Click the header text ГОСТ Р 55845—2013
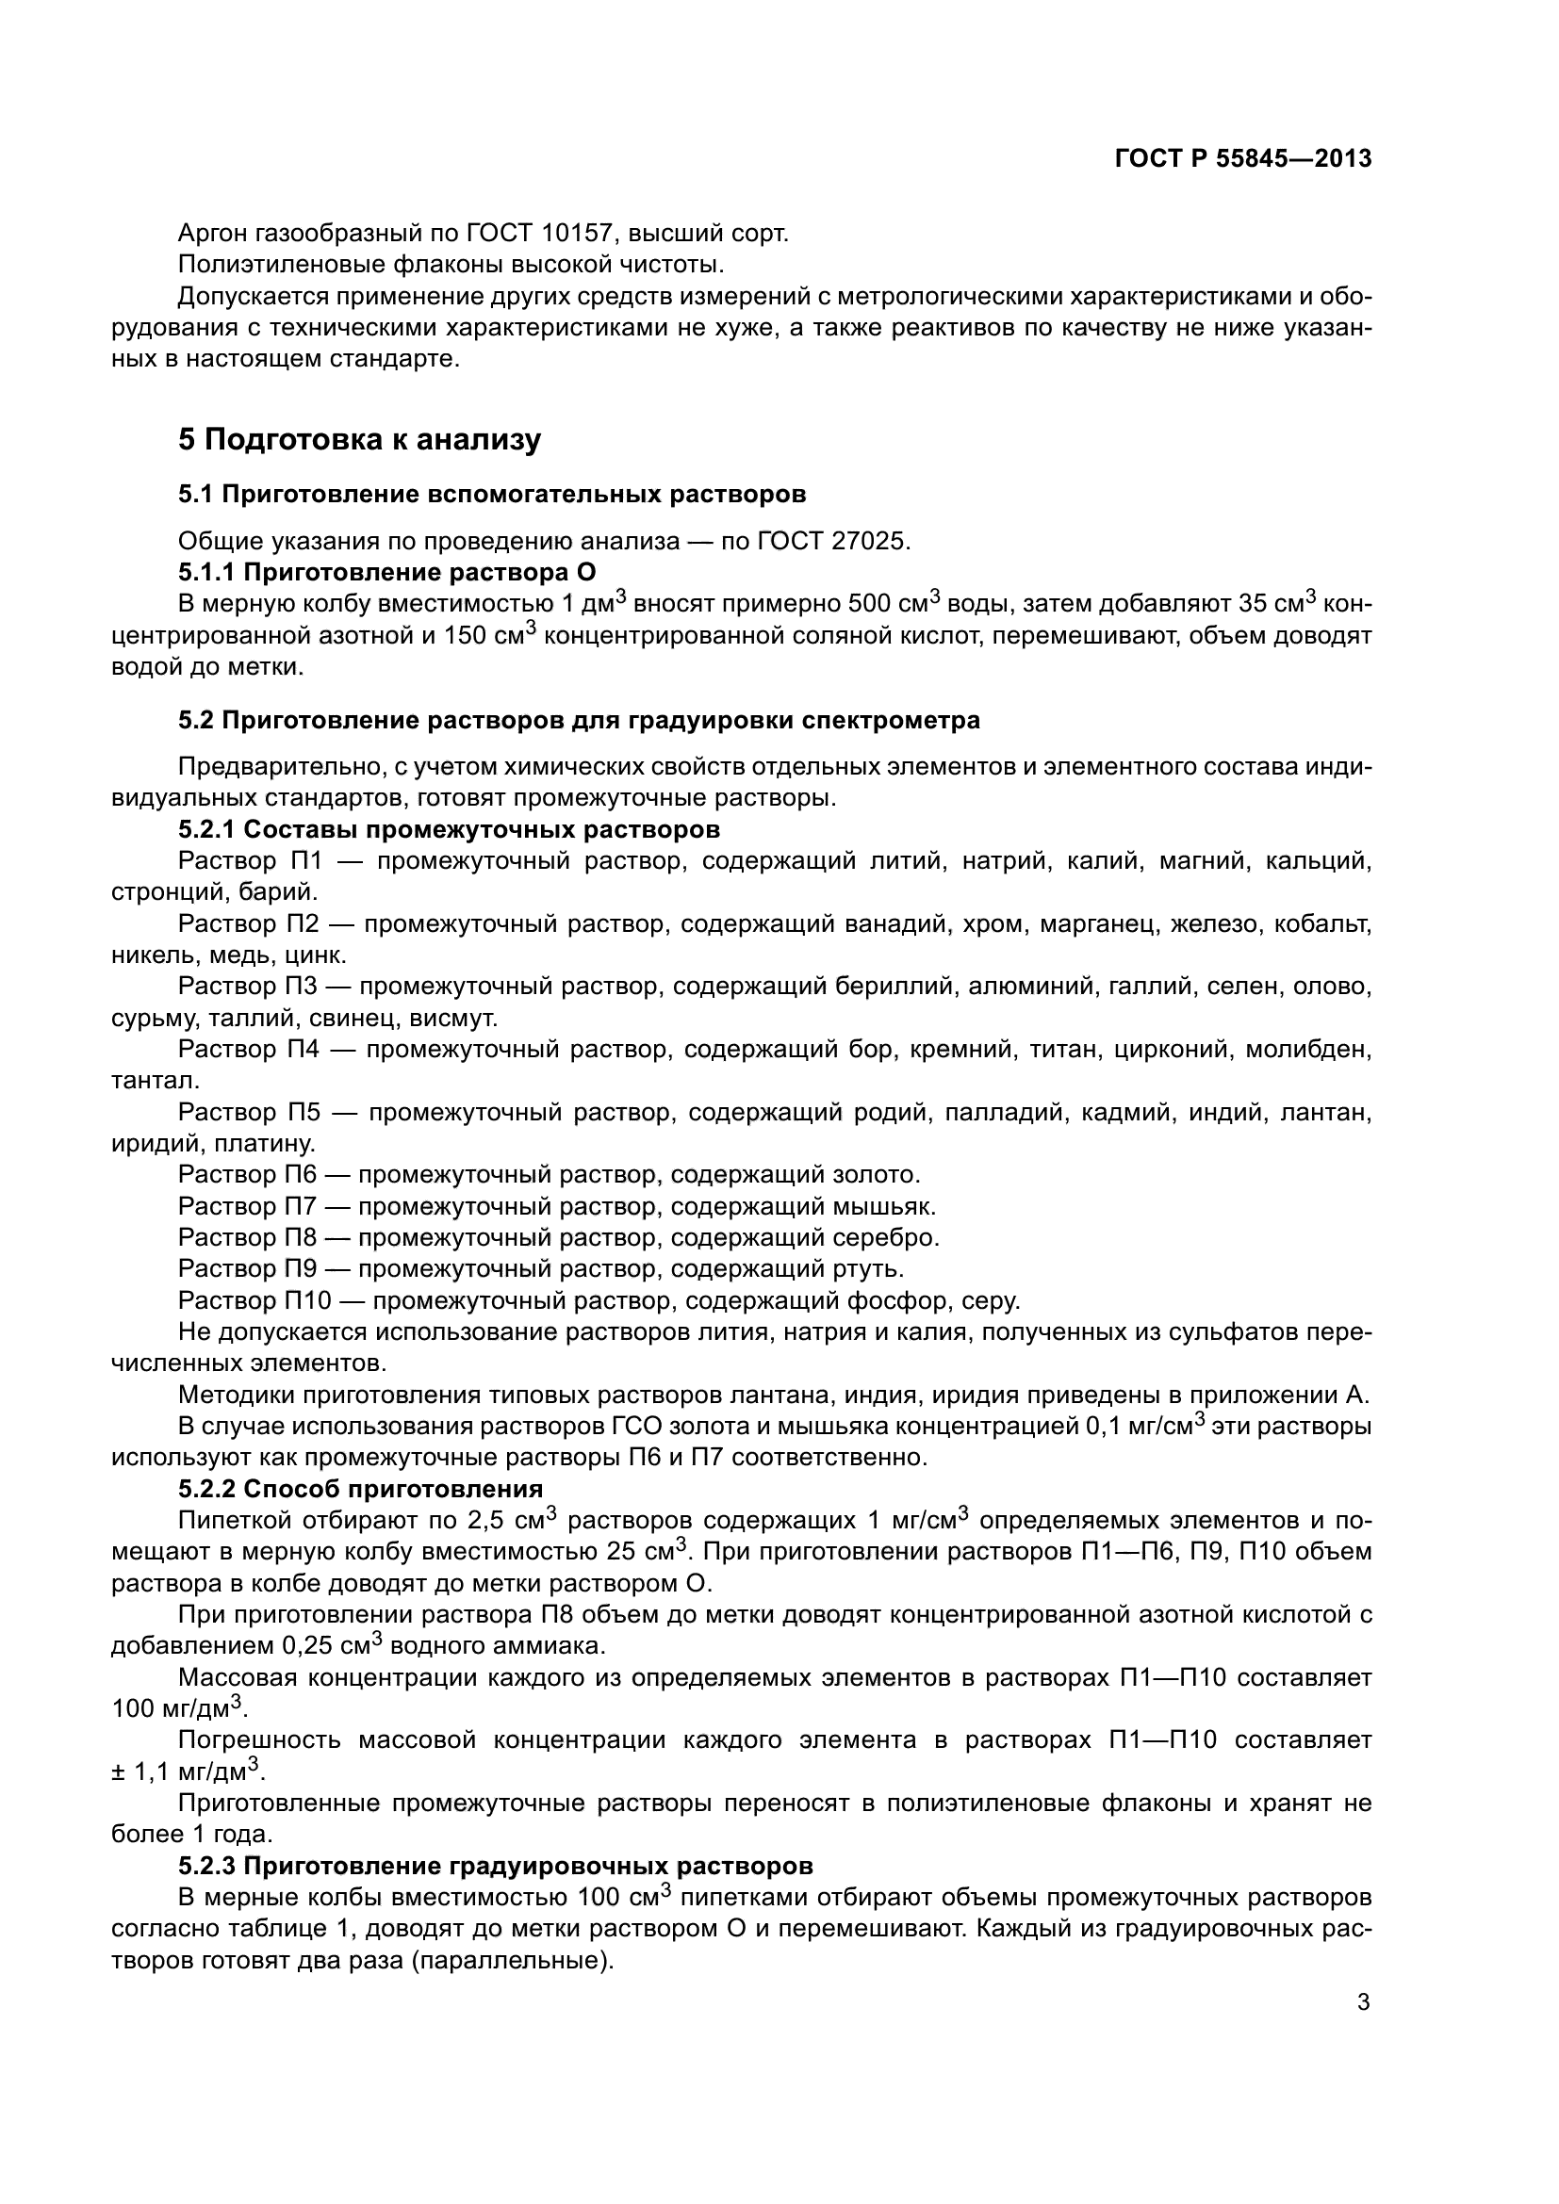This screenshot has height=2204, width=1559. (1242, 158)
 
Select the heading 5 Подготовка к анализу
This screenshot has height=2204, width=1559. (360, 440)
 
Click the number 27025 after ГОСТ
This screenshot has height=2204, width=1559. (869, 542)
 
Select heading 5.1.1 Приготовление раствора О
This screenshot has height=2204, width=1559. (386, 573)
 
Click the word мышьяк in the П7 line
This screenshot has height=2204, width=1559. (883, 1206)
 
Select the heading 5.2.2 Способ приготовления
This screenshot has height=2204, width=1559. (360, 1489)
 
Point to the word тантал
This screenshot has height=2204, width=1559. (155, 1081)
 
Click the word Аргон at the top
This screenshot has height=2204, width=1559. (217, 234)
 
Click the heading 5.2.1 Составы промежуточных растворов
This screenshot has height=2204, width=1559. (450, 829)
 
